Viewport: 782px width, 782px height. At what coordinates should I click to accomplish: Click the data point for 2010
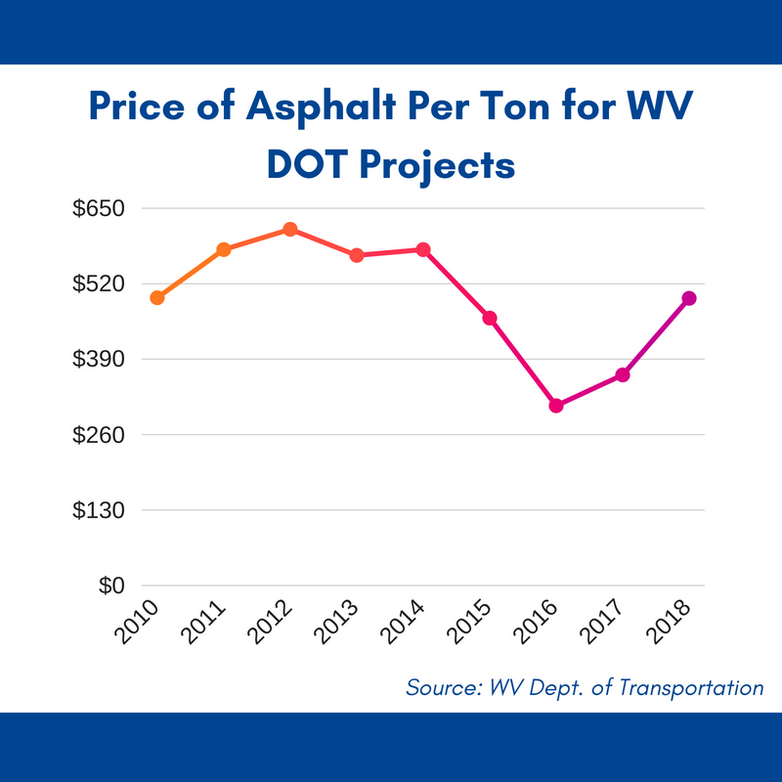tap(156, 297)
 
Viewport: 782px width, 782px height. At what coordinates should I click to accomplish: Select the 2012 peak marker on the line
tap(290, 229)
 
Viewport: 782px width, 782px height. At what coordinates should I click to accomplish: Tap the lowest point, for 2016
tap(556, 406)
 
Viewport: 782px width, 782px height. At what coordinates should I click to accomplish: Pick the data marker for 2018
tap(689, 298)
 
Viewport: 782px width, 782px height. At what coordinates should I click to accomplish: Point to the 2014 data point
tap(423, 249)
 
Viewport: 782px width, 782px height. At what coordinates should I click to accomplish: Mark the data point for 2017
tap(623, 375)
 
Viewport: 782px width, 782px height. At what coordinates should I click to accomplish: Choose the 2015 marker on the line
tap(490, 318)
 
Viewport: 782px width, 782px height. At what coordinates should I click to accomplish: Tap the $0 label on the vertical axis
tap(113, 586)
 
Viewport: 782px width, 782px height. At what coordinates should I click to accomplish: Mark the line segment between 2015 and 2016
tap(523, 362)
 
